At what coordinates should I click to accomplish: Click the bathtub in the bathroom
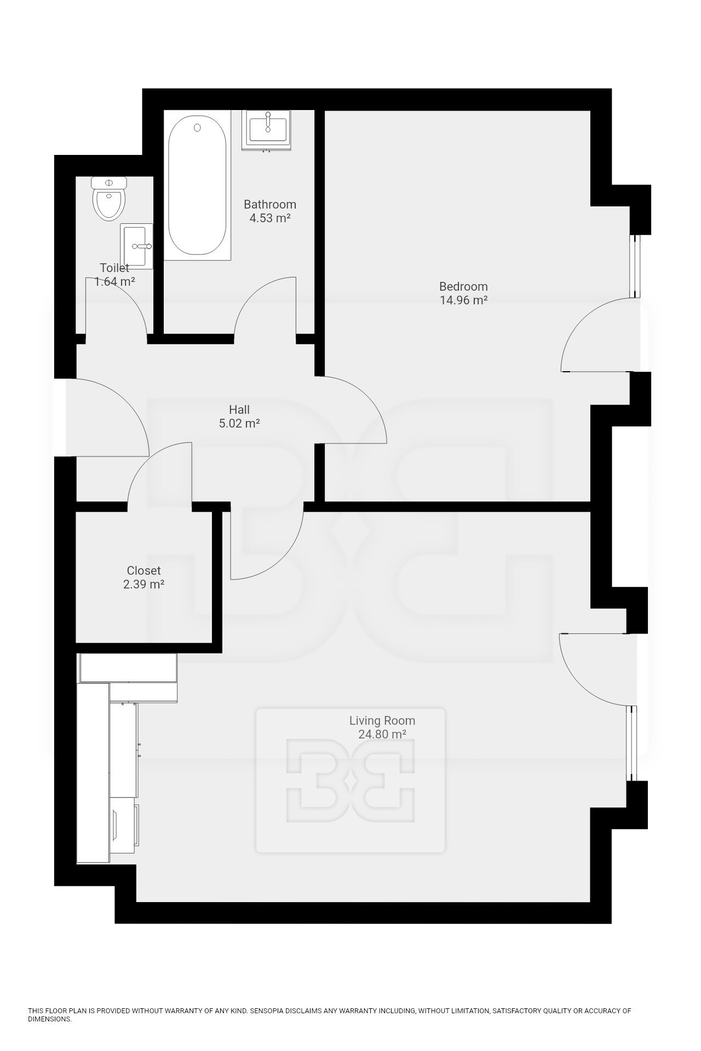point(197,186)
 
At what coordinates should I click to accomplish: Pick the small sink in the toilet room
point(137,246)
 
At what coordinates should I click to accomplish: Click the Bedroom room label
point(463,286)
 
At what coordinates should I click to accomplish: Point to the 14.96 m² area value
point(463,300)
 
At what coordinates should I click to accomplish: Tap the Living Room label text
point(382,721)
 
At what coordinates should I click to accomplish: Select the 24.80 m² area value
point(382,735)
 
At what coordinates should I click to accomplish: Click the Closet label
point(143,570)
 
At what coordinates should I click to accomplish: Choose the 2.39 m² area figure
point(143,584)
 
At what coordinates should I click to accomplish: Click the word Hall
point(239,409)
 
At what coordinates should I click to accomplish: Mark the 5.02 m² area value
point(239,423)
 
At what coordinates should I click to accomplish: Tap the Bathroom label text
point(270,204)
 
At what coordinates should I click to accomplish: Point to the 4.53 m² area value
point(270,218)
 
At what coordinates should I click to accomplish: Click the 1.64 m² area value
point(115,282)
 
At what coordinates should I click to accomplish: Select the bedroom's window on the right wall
point(635,267)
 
